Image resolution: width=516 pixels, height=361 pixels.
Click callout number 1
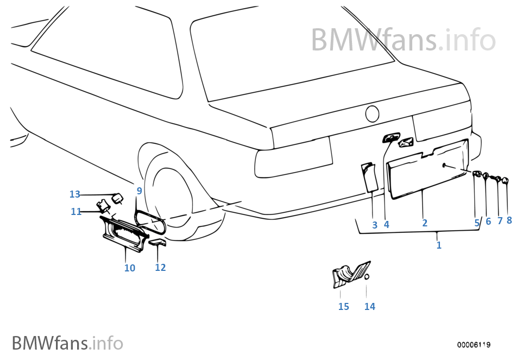[439, 245]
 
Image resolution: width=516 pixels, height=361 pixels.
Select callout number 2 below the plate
[425, 223]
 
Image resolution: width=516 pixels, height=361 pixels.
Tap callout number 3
[375, 224]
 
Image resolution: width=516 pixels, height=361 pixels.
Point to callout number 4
[386, 224]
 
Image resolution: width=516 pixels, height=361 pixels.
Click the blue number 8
[509, 220]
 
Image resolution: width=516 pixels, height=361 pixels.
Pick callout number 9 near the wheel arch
[139, 191]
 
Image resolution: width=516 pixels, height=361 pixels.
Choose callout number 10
[129, 268]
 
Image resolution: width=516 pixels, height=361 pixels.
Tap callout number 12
[160, 267]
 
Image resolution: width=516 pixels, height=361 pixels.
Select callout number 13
[74, 194]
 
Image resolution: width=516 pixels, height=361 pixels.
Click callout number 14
[369, 307]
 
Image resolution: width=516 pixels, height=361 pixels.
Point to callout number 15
[343, 307]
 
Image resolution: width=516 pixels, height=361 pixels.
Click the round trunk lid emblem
[372, 114]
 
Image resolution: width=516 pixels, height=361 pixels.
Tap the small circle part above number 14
[367, 277]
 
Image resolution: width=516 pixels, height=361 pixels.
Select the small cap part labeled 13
[116, 198]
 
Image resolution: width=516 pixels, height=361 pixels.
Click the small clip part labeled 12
[158, 243]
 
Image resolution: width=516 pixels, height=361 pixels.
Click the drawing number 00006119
[474, 345]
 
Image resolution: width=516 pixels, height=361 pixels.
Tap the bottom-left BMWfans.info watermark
[67, 343]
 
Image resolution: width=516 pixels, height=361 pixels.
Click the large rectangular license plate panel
[427, 168]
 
